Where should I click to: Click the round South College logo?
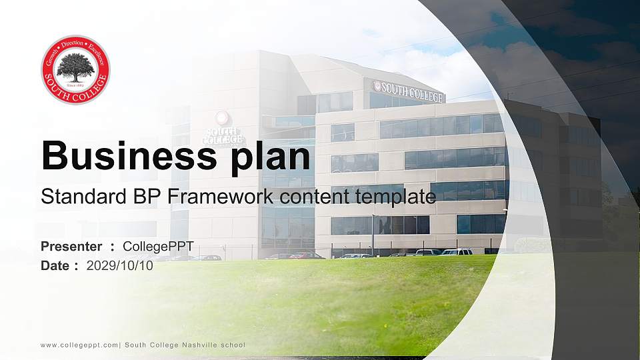click(75, 69)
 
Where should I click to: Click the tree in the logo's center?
click(75, 67)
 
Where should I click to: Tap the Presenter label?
click(71, 247)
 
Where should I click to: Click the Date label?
click(55, 265)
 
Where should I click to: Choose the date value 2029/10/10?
click(120, 265)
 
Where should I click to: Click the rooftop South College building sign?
click(408, 91)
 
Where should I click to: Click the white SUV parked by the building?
click(456, 252)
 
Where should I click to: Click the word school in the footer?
click(233, 345)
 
